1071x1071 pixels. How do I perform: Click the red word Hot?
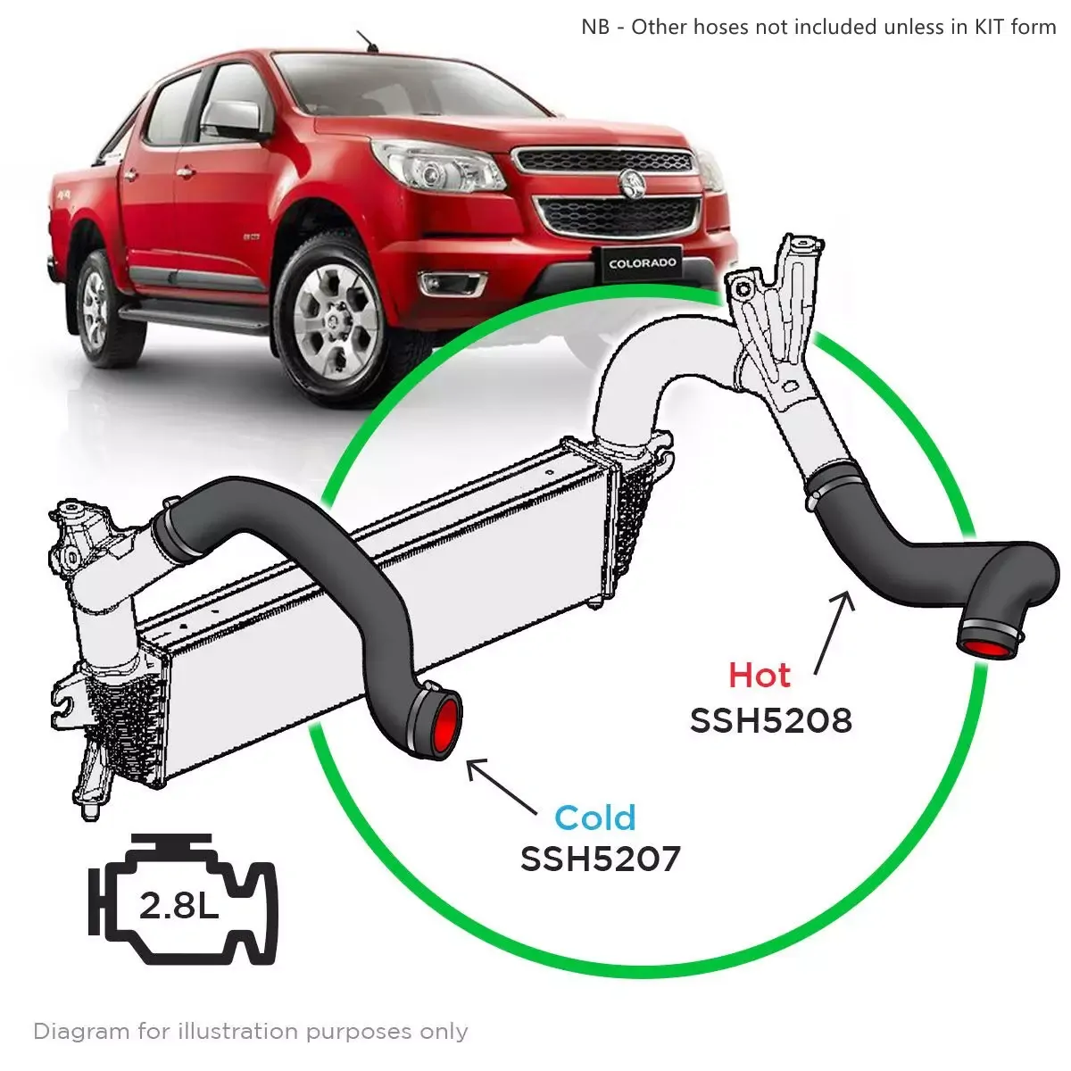760,676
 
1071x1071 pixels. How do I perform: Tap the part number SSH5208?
771,721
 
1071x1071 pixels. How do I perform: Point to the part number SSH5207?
601,859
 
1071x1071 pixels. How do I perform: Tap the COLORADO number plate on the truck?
643,263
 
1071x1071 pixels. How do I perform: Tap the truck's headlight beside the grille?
438,166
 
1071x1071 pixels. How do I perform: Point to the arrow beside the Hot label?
834,633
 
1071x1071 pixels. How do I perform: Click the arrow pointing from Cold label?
502,786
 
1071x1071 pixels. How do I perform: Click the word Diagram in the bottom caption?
82,1032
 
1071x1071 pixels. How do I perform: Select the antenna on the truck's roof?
367,43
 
